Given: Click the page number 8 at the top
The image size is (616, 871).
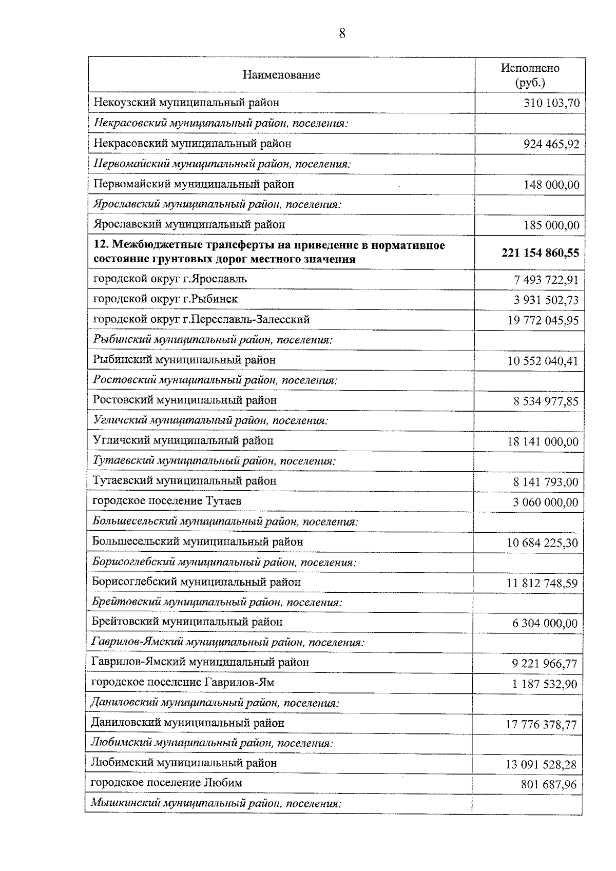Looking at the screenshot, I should coord(342,34).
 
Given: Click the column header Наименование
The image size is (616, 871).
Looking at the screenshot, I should coord(281,75).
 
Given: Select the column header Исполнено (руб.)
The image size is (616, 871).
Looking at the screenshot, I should coord(530,75).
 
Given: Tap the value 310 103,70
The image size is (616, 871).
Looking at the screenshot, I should coord(551,103).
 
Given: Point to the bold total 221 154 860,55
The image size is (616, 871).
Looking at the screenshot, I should coord(540,253).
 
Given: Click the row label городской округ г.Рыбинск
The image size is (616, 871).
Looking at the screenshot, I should coord(165,299).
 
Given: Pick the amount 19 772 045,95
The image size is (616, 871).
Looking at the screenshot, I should coord(543,321).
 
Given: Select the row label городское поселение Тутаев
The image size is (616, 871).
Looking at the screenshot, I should coord(167,500).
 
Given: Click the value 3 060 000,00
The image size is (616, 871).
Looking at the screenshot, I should coord(545,502).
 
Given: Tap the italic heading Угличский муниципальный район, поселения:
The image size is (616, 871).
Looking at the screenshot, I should coord(211,420).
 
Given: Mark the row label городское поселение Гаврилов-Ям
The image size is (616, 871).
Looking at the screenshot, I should coord(183,682).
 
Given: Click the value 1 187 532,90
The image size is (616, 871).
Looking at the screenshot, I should coord(544,684).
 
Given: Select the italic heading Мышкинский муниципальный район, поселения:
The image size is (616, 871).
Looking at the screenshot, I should coord(216,803).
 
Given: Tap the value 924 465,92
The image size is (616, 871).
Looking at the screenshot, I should coord(551,144).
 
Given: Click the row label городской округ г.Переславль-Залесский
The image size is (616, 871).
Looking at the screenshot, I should coord(201,319).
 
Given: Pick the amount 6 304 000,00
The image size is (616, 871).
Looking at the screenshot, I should coord(545,624).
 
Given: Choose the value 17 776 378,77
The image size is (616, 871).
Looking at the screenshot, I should coord(542,725).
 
